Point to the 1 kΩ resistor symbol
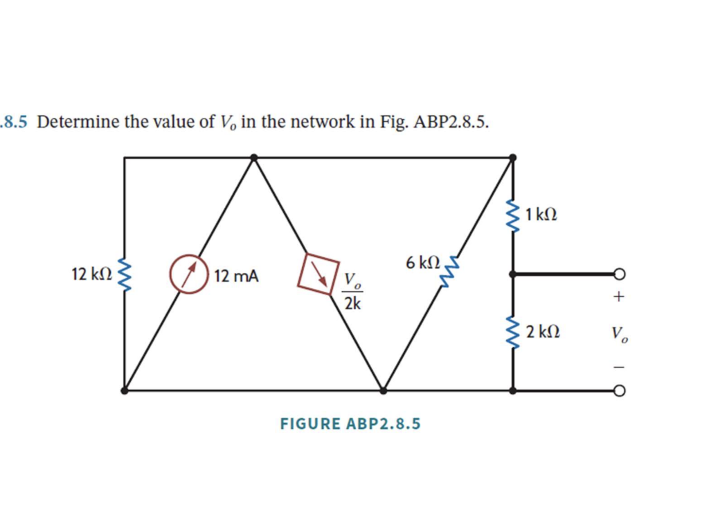pos(513,216)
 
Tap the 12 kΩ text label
pos(91,274)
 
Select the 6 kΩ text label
pos(423,263)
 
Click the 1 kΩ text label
pos(540,215)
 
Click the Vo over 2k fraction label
pos(352,292)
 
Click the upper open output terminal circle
pos(619,274)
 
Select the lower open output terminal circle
pos(619,391)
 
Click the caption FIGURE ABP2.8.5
pos(350,423)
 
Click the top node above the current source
pos(254,158)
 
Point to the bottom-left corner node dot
pos(125,391)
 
